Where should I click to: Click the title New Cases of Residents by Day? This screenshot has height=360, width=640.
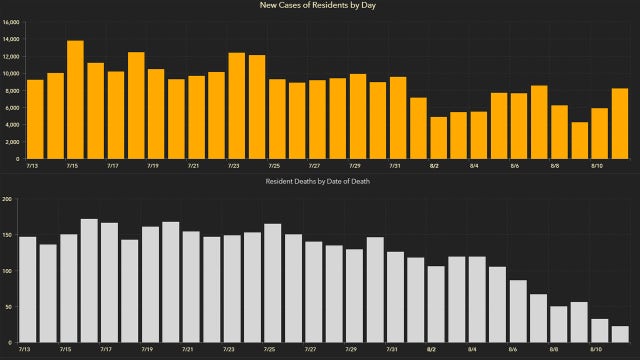[x=319, y=6]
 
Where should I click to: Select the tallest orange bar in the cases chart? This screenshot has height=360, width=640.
[x=75, y=99]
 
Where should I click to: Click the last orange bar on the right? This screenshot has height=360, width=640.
[x=619, y=123]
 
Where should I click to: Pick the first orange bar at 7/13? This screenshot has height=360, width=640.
[x=35, y=119]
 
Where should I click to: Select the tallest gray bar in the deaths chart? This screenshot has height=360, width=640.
[x=89, y=280]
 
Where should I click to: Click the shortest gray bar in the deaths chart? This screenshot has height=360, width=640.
[x=619, y=334]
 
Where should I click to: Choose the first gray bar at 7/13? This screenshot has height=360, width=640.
[x=28, y=289]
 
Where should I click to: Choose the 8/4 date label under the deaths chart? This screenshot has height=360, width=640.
[x=472, y=350]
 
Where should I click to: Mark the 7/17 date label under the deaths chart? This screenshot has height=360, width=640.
[x=106, y=350]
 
